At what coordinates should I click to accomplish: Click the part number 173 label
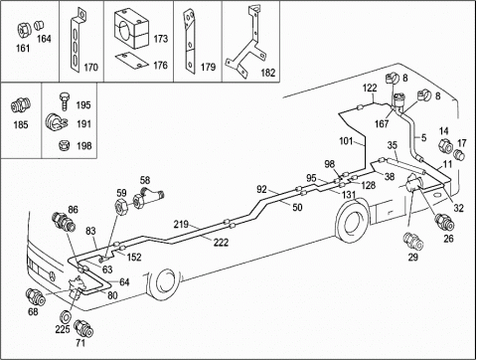(160, 39)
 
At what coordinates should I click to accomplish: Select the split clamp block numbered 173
(131, 29)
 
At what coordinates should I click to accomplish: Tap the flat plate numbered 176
(132, 61)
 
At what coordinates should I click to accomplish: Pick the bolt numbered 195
(65, 101)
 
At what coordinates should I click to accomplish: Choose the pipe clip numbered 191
(56, 122)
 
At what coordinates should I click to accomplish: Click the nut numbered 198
(64, 145)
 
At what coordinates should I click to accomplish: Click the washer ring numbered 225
(66, 316)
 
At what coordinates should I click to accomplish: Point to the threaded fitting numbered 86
(63, 222)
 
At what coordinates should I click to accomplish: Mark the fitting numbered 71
(83, 328)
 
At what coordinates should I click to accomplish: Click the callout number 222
(221, 243)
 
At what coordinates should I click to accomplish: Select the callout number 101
(346, 141)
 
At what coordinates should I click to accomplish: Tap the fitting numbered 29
(413, 241)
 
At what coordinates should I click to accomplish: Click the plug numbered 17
(459, 154)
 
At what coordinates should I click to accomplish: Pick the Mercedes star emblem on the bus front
(53, 275)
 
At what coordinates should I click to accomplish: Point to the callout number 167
(382, 124)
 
